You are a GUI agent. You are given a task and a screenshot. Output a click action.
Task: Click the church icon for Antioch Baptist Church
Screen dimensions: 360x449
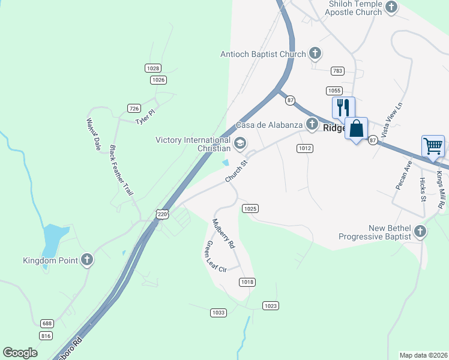(x=315, y=53)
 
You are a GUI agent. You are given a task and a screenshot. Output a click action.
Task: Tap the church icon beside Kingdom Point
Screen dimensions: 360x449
(x=87, y=260)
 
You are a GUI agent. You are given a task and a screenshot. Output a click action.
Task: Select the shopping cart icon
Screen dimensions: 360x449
(x=433, y=146)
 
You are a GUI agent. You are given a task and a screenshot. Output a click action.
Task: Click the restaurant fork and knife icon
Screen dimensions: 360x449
(x=343, y=108)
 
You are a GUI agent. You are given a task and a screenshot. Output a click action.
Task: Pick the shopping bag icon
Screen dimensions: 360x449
(x=357, y=128)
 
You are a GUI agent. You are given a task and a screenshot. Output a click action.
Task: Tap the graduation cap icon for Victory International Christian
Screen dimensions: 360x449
(x=240, y=143)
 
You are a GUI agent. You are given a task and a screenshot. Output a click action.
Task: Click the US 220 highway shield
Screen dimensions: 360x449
(x=162, y=214)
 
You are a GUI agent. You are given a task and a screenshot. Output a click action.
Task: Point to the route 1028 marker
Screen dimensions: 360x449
(x=153, y=68)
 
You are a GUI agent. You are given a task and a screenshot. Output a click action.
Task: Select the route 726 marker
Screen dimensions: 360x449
(x=134, y=108)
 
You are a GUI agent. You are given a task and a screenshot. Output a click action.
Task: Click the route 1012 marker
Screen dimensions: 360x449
(x=305, y=148)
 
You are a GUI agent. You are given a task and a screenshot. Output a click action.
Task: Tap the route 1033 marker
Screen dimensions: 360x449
(x=218, y=313)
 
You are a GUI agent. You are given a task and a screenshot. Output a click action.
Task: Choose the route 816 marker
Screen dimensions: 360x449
(x=46, y=335)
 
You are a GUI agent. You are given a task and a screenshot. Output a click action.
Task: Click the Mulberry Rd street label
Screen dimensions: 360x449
(x=223, y=235)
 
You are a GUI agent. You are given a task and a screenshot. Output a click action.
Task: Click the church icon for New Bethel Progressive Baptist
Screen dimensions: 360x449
(x=420, y=231)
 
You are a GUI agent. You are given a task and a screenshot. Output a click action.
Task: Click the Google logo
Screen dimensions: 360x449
(x=20, y=353)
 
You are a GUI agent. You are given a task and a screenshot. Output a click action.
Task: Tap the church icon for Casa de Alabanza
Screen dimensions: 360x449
(x=312, y=124)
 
